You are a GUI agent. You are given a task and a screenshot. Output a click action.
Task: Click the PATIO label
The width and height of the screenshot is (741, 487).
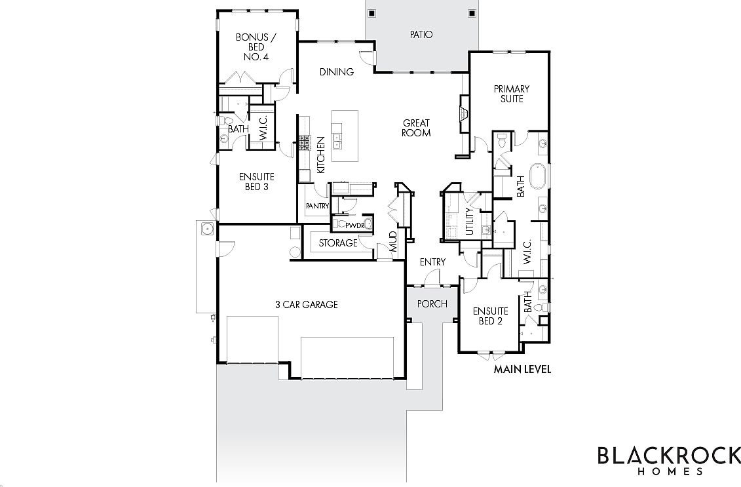421,35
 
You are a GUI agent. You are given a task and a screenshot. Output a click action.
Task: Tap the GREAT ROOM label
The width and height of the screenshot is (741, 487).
416,128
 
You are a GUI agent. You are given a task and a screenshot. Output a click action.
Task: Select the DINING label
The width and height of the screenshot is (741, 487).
337,72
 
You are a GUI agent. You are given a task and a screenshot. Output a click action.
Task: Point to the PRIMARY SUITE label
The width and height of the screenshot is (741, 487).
512,94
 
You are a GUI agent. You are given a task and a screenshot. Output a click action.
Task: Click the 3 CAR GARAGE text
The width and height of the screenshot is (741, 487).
307,304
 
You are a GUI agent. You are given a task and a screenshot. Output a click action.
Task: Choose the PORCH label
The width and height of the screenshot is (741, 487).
432,303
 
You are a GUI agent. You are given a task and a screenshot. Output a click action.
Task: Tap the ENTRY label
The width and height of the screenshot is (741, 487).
432,262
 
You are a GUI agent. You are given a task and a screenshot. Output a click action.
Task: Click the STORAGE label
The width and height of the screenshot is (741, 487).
338,243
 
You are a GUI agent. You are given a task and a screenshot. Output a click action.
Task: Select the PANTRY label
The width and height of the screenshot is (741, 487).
317,206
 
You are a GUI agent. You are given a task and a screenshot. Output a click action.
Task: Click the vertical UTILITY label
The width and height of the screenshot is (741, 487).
469,220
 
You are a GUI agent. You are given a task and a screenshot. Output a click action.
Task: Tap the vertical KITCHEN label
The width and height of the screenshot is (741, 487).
321,155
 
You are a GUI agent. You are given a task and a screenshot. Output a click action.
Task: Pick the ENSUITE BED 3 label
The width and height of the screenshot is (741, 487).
256,182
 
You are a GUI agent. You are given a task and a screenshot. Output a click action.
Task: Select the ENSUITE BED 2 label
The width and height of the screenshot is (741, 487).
491,316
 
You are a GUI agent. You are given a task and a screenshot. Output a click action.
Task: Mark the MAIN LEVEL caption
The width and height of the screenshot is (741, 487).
522,369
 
